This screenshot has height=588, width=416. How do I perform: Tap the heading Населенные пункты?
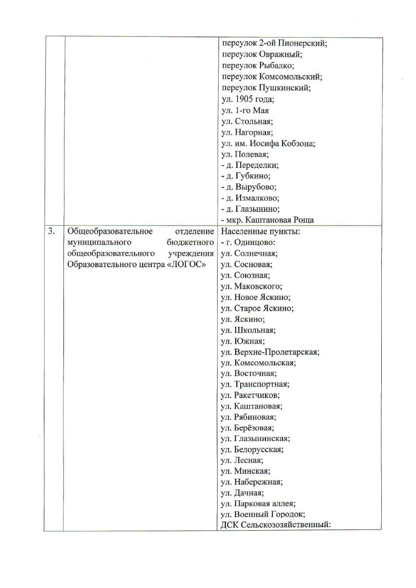pos(256,231)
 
